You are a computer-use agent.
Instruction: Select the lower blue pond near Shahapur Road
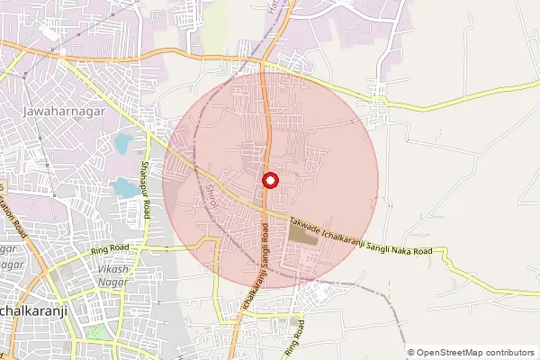125,187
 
